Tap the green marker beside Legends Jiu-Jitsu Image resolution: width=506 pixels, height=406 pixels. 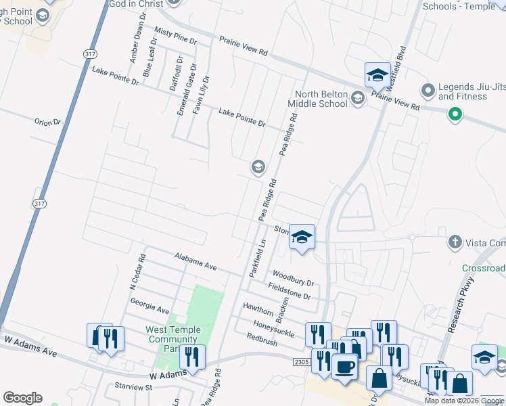[455, 115]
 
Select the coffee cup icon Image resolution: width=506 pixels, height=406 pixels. [345, 367]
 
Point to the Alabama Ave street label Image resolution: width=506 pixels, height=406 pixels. [195, 263]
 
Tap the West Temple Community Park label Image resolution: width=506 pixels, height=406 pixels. [173, 339]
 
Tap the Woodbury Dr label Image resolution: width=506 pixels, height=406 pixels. [293, 278]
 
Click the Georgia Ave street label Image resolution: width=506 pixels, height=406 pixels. [149, 305]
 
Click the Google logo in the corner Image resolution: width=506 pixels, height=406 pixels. [22, 398]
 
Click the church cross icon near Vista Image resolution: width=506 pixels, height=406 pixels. [455, 242]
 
